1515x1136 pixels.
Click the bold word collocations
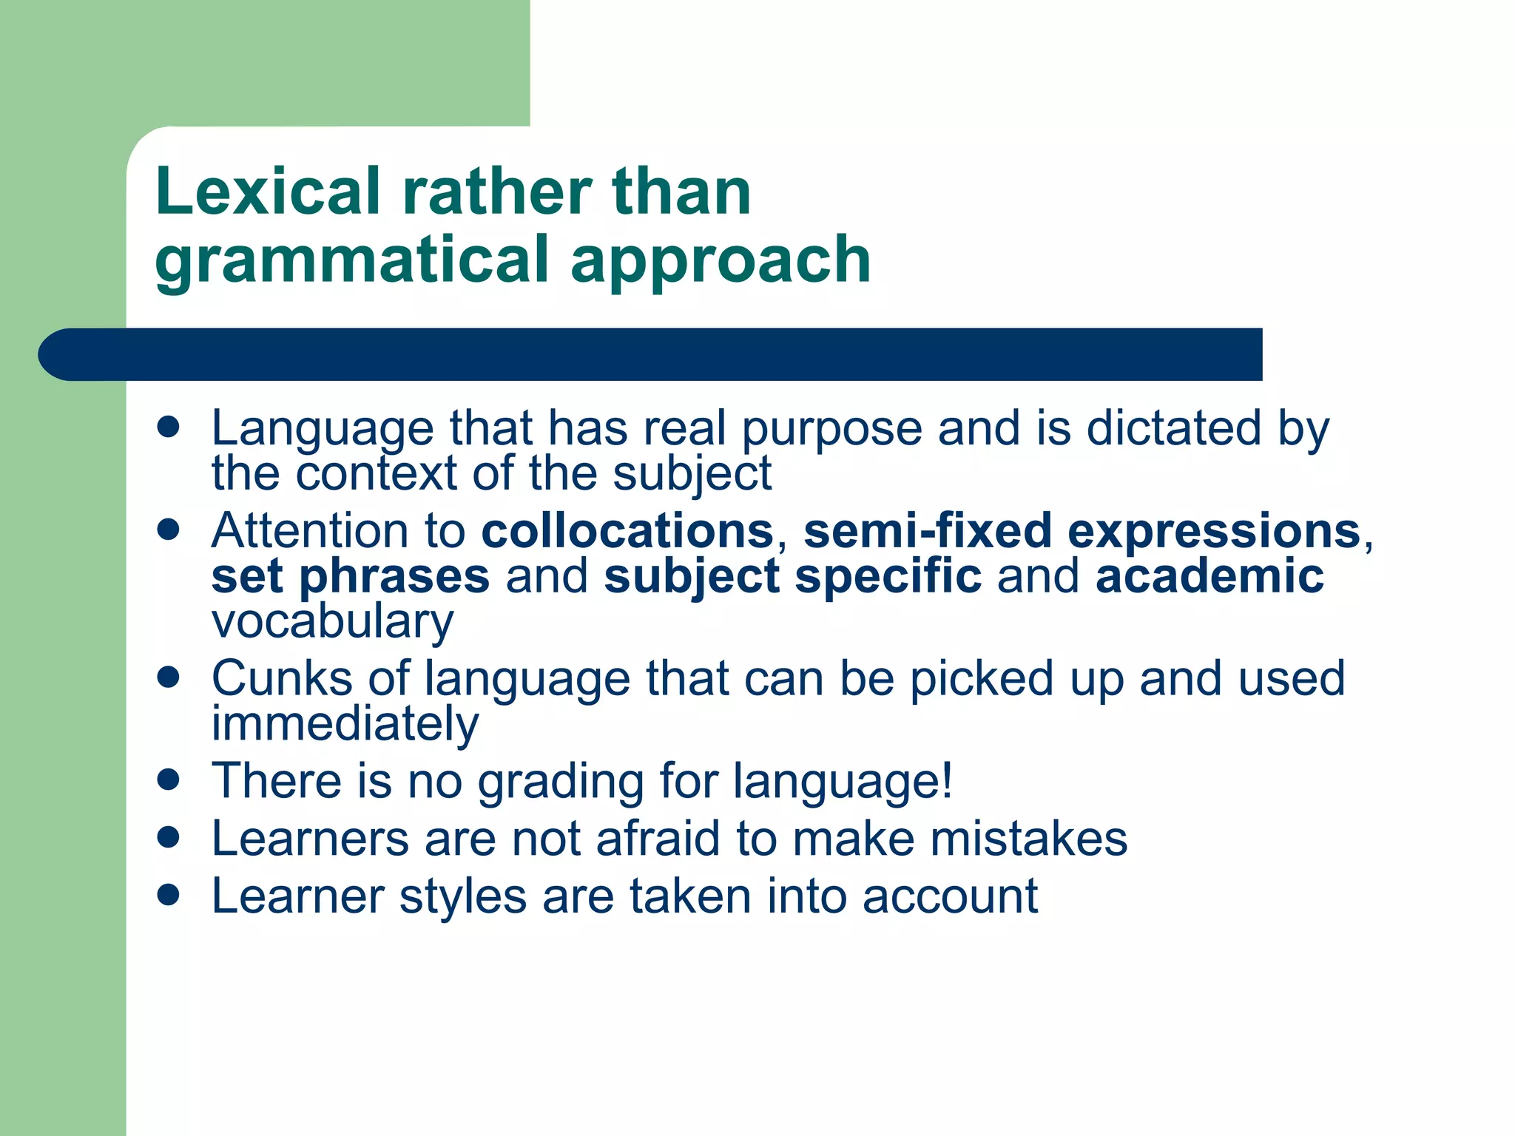[x=627, y=531]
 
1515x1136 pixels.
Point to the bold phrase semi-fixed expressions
[x=1082, y=531]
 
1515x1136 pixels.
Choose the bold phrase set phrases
[x=351, y=576]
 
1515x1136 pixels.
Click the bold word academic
[x=1209, y=576]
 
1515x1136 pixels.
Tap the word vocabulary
[x=333, y=621]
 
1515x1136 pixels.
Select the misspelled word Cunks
[x=282, y=678]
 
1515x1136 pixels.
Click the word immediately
[x=345, y=723]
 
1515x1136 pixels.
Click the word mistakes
[x=1028, y=839]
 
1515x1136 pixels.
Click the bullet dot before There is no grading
[x=169, y=780]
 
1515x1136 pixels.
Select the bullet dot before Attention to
[x=169, y=530]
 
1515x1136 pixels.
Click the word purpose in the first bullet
[x=831, y=429]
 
